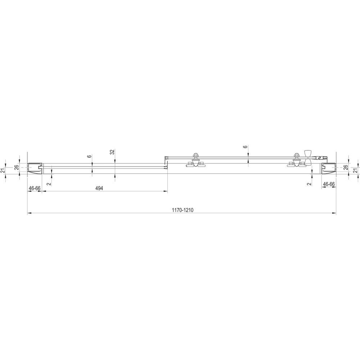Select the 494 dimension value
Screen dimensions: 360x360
tap(99, 188)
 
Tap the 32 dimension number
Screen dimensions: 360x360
tap(112, 152)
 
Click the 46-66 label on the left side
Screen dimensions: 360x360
tap(35, 188)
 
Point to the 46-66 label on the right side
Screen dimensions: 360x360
tap(329, 184)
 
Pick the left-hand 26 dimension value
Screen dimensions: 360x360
tap(17, 167)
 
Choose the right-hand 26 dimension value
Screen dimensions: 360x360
tap(346, 167)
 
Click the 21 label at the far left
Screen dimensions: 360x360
tap(3, 171)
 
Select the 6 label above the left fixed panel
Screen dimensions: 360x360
tap(90, 157)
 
